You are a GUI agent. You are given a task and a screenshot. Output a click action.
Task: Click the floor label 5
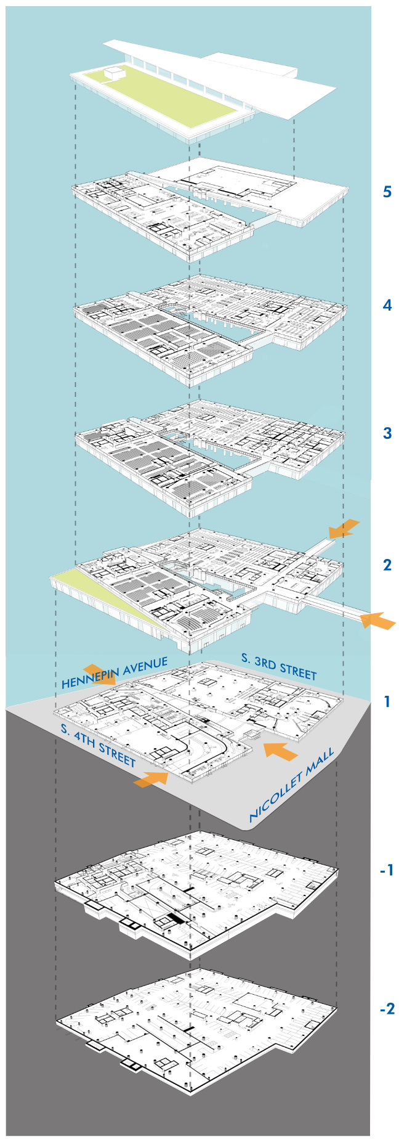point(387,192)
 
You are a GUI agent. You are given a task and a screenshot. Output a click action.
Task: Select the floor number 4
point(387,305)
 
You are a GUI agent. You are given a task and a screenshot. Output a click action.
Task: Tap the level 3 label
point(387,433)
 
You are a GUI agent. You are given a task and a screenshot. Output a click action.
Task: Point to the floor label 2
point(387,565)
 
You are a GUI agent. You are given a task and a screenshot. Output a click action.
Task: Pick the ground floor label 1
point(387,701)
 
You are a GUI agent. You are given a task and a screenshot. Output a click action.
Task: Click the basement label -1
point(386,870)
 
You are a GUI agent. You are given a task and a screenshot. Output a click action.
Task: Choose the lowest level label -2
point(386,1009)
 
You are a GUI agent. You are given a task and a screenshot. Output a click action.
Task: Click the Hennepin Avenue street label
point(115,672)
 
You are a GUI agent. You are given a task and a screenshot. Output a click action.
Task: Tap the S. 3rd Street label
point(278,666)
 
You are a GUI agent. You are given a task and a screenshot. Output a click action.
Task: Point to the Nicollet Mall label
point(292,784)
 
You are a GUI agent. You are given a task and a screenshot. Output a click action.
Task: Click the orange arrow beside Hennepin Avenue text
point(99,674)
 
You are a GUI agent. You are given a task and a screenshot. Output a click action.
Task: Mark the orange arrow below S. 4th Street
point(151,778)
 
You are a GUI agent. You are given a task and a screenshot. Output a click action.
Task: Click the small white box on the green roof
point(114,73)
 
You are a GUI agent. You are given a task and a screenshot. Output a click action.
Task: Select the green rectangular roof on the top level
point(160,99)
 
